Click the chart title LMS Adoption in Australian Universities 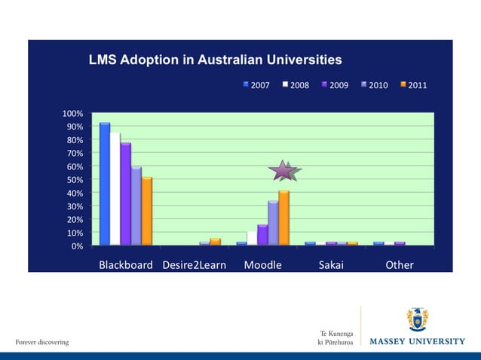coord(215,59)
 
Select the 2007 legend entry coord(256,85)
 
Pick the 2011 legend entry coord(413,85)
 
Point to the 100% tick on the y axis coord(72,114)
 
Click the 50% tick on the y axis coord(75,180)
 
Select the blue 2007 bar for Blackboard coord(105,184)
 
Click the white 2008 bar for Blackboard coord(115,189)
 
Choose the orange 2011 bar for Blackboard coord(147,211)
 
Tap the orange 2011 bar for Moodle coord(283,218)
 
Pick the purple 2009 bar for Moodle coord(262,235)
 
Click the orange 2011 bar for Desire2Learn coord(215,242)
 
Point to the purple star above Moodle coord(284,171)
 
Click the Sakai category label coord(331,265)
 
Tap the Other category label coord(399,265)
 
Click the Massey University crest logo coord(418,319)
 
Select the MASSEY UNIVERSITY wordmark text coord(417,341)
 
